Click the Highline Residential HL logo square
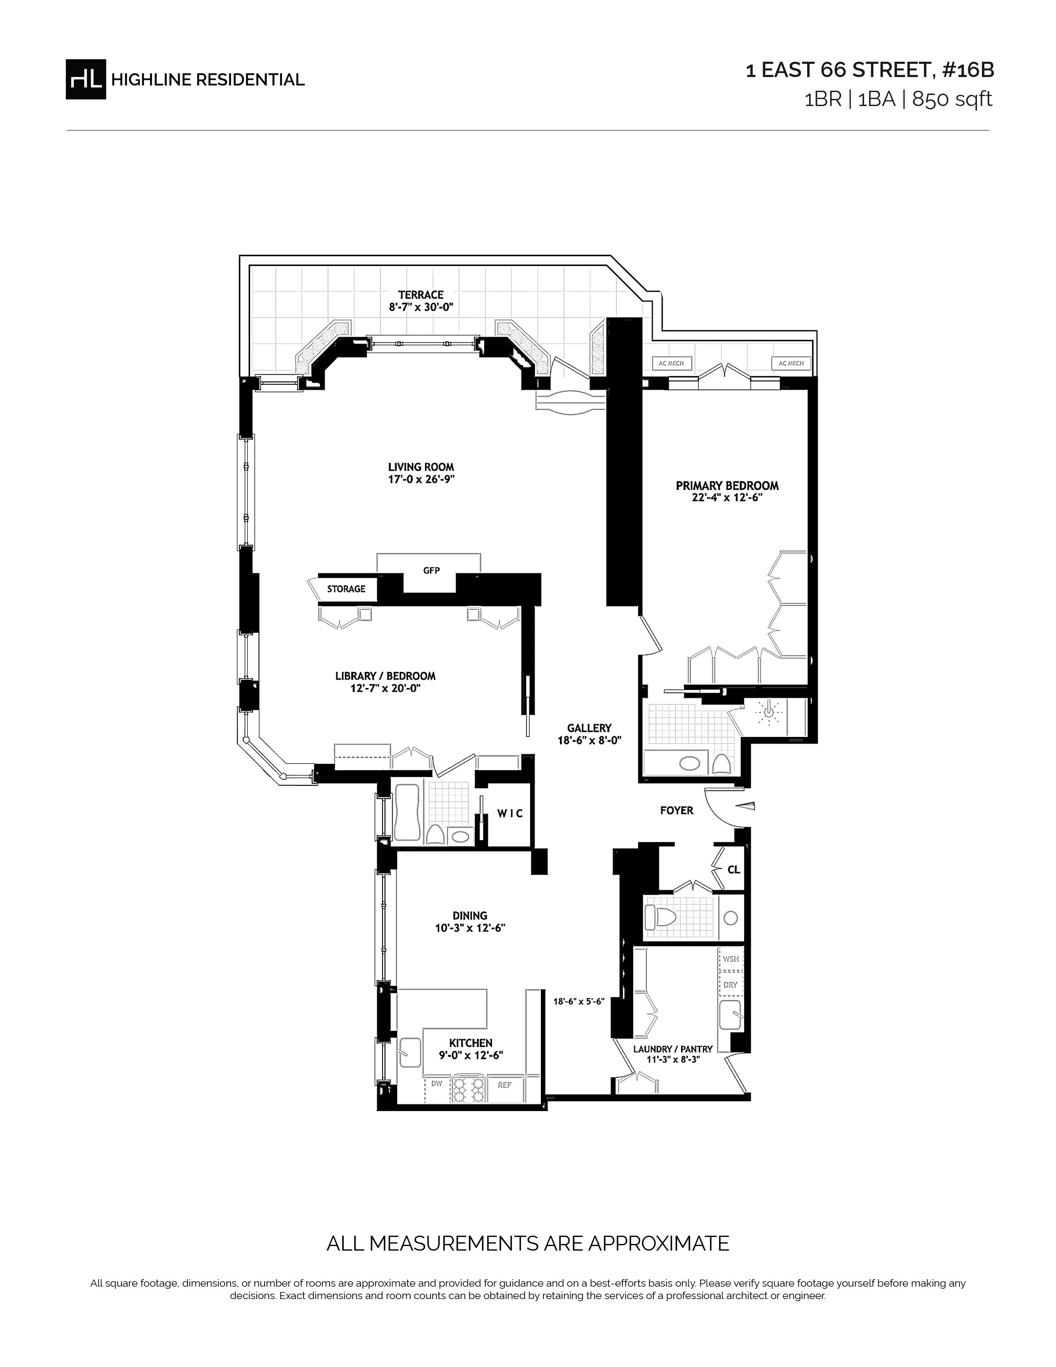pos(86,79)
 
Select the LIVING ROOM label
pos(421,467)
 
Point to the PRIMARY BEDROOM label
pos(727,486)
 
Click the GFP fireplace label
pos(432,570)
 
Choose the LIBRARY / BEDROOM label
pos(386,676)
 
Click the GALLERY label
pos(589,728)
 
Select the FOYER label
pos(677,811)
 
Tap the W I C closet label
pos(510,814)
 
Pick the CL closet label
pos(734,869)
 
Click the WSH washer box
pos(731,959)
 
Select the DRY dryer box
pos(731,985)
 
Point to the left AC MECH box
pos(671,363)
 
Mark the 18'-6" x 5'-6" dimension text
pos(579,1002)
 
